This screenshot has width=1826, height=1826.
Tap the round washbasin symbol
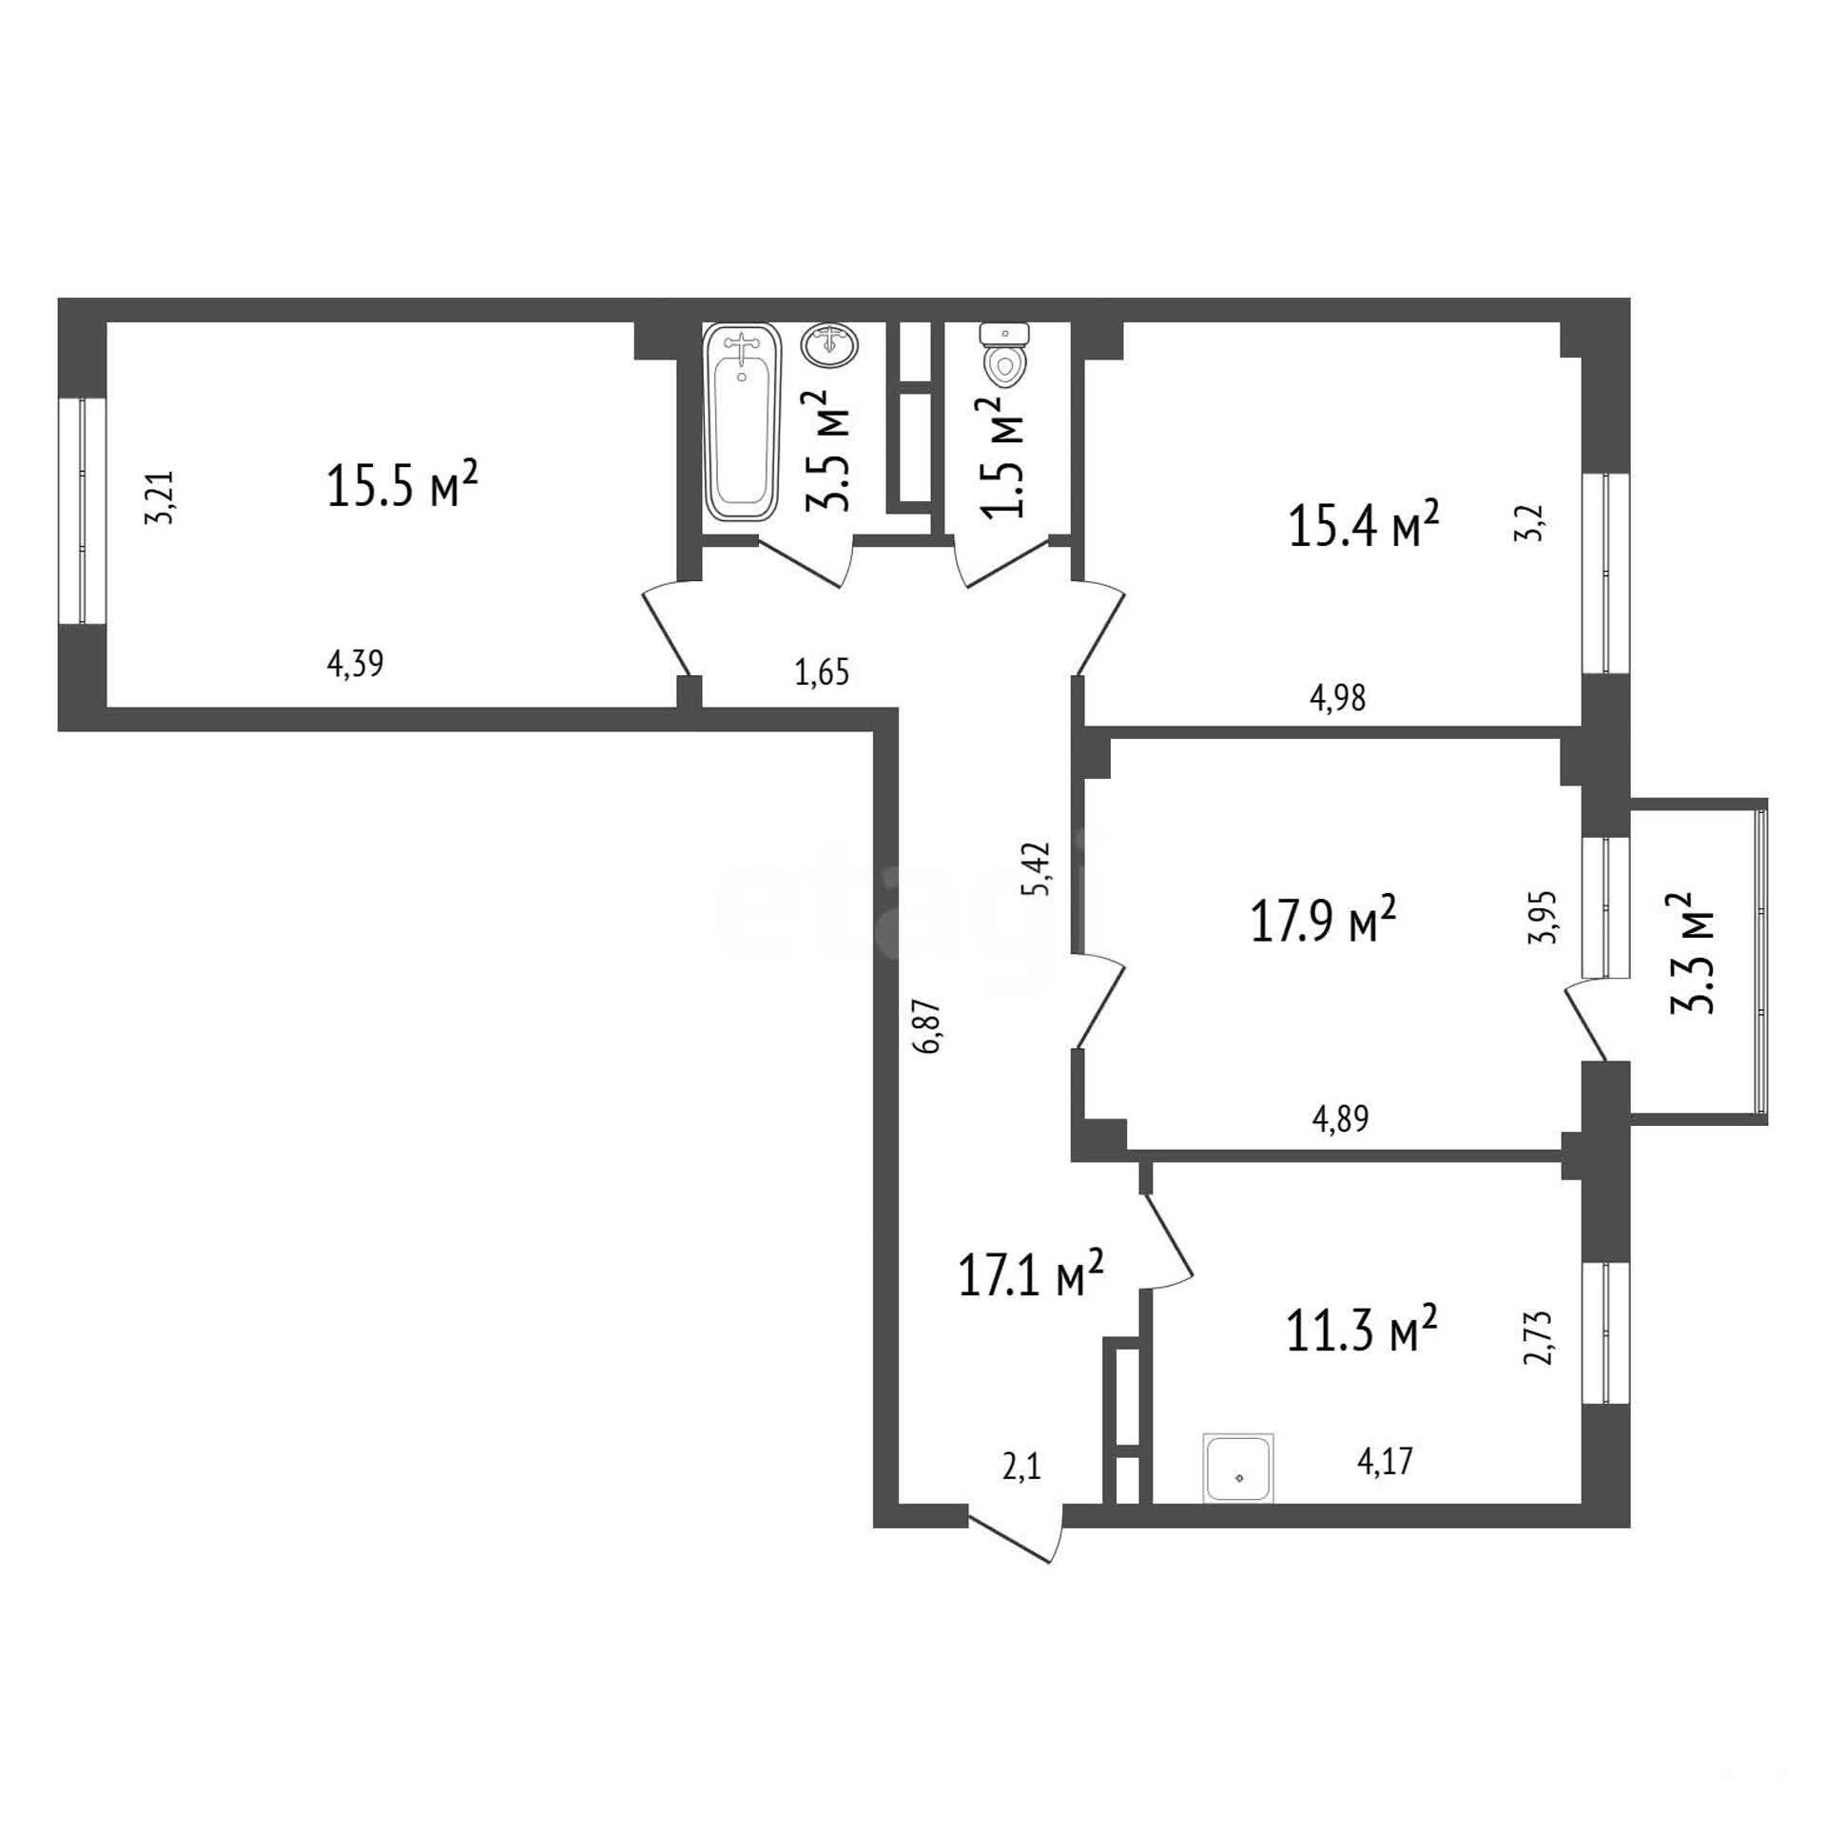[x=830, y=344]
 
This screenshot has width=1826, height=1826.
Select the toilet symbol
[x=1005, y=356]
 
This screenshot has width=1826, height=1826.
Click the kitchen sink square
[x=1238, y=1468]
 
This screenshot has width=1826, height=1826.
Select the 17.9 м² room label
[x=1323, y=923]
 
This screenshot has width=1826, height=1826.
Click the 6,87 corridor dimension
[x=929, y=1025]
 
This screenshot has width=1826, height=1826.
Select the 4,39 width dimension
[x=355, y=663]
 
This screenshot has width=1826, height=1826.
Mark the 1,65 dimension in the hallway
[x=822, y=672]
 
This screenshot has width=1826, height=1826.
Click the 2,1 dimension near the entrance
[x=1022, y=1467]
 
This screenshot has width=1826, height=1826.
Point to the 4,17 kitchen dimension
[x=1385, y=1461]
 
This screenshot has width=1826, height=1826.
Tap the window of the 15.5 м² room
[x=82, y=511]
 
